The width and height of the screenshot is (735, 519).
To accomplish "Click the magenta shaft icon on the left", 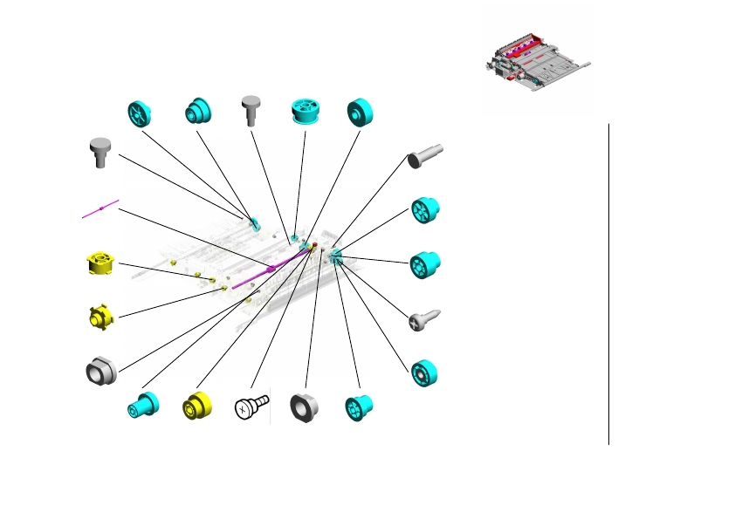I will point(101,208).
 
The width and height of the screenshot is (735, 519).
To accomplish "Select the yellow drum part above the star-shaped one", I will point(102,263).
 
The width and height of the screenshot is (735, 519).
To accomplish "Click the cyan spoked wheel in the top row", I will point(140,113).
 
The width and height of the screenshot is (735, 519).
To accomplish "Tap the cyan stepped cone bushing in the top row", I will point(197,112).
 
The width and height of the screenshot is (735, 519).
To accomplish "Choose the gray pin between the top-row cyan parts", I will point(253,110).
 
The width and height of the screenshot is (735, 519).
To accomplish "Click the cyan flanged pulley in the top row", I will point(306,113).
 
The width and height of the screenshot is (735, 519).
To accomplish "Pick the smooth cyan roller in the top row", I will point(360,112).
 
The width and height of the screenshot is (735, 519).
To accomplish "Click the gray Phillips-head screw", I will point(425,319).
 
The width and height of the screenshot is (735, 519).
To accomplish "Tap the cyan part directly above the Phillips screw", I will point(425,263).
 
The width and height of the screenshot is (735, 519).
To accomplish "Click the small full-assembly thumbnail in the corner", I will point(536,63).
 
